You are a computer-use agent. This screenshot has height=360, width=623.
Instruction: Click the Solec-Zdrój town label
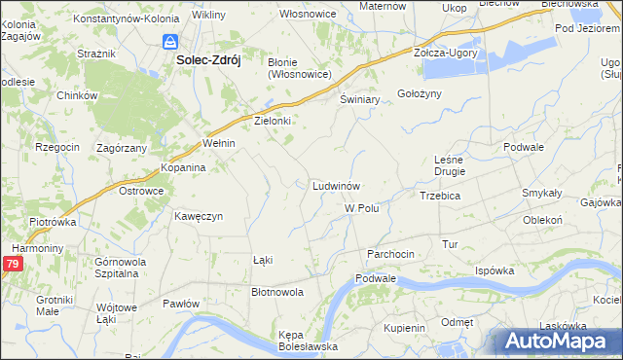[207, 59]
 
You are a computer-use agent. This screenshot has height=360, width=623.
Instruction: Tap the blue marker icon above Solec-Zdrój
[170, 43]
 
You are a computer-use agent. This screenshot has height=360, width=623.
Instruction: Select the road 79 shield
[12, 264]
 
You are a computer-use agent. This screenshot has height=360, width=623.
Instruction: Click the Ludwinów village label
[337, 185]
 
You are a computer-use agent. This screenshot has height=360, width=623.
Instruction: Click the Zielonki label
[273, 122]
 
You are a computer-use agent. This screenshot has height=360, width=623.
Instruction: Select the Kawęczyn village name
[200, 216]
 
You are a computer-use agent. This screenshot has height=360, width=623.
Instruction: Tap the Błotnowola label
[277, 291]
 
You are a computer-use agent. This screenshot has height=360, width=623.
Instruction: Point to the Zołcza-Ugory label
[446, 53]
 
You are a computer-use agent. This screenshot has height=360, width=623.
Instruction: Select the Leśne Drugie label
[450, 164]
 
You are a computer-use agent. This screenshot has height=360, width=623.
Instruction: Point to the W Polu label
[361, 208]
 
